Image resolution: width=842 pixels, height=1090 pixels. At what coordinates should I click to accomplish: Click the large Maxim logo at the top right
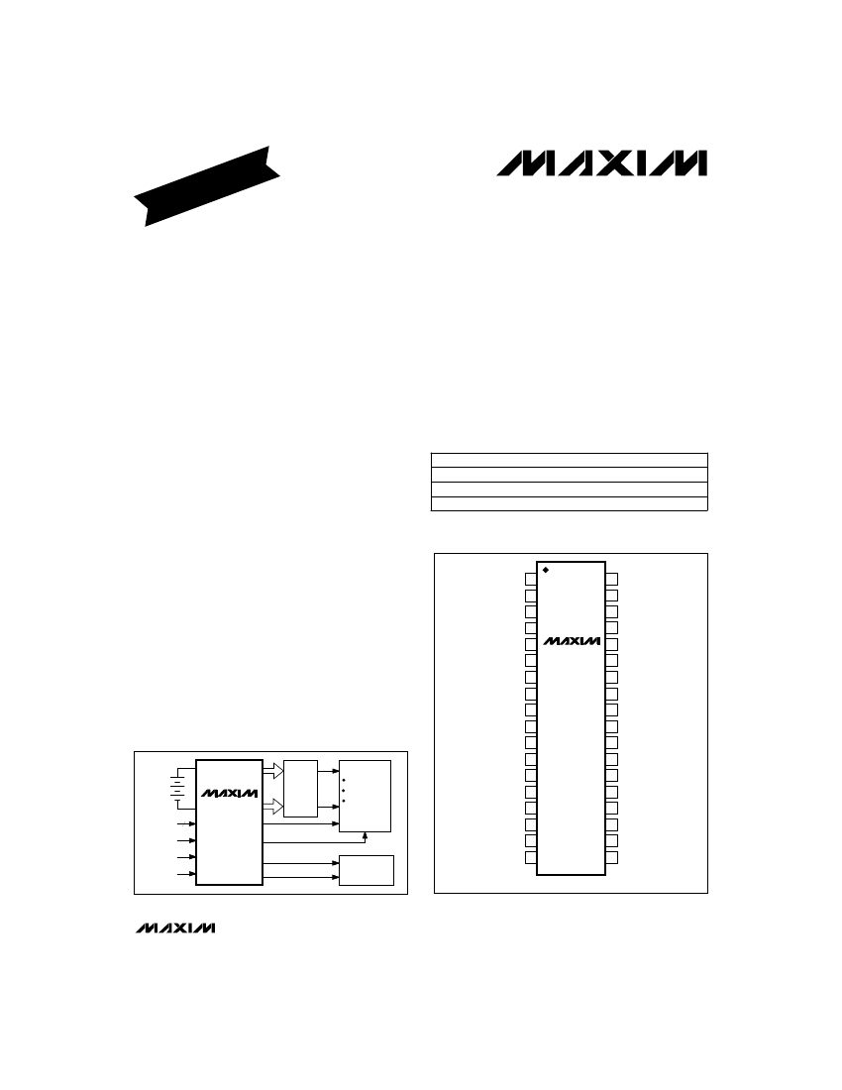click(601, 163)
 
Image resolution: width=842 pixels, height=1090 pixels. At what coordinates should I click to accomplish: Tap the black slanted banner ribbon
click(208, 185)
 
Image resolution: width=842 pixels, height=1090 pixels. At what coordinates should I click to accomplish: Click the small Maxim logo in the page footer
click(173, 928)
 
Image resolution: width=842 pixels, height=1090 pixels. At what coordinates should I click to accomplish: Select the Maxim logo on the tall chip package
click(571, 640)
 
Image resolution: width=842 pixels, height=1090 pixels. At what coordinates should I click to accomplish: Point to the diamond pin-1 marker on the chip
click(546, 570)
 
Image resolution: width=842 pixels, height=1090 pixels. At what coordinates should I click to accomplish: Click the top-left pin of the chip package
click(530, 579)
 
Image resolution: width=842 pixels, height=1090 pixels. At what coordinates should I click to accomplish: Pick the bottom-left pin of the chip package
click(530, 857)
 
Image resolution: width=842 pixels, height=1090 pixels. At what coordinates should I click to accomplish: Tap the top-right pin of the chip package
click(612, 579)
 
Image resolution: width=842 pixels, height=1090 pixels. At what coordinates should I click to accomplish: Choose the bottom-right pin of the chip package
click(612, 857)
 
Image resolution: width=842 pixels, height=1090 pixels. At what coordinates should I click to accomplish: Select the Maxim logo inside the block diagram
click(229, 794)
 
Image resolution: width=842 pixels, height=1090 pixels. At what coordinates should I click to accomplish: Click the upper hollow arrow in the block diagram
click(273, 769)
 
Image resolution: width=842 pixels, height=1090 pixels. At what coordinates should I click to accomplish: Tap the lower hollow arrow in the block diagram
click(273, 807)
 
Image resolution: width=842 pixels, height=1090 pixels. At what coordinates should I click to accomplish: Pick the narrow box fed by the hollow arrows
click(300, 789)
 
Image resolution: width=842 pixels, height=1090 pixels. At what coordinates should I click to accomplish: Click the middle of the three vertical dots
click(344, 790)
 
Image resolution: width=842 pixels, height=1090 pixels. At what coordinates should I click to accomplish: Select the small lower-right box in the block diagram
click(367, 870)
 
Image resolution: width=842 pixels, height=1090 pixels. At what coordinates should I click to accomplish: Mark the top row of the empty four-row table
click(570, 459)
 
